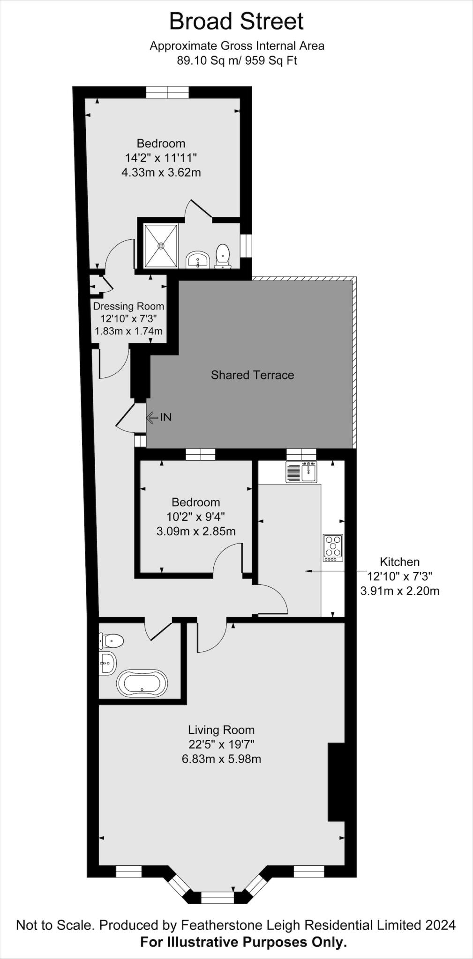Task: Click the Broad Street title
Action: tap(236, 22)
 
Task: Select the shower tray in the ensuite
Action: tap(161, 246)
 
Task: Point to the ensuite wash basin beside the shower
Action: tap(198, 259)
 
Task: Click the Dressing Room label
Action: tap(128, 306)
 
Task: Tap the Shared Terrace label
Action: tap(252, 375)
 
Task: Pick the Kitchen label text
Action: tap(399, 561)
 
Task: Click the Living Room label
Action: tap(221, 730)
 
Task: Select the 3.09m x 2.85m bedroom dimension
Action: tap(195, 531)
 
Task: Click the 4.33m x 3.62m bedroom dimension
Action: tap(161, 172)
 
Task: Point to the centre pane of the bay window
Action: tap(217, 897)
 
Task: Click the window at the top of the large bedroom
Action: tap(167, 93)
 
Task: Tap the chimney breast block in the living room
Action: tap(336, 782)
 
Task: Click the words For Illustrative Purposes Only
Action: tap(243, 942)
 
